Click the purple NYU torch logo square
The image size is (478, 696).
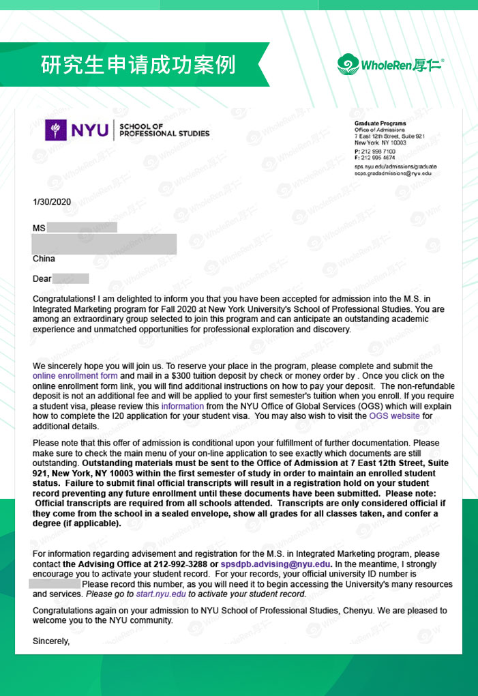click(55, 130)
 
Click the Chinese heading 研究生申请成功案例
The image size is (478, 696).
click(138, 65)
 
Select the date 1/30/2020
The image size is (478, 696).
click(52, 202)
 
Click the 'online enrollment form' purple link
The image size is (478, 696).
click(75, 376)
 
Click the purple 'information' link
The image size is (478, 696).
click(182, 406)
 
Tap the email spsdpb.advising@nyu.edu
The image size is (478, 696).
click(275, 565)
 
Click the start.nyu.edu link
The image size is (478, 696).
click(161, 594)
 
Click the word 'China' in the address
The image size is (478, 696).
click(44, 259)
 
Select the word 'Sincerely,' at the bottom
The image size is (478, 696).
click(51, 641)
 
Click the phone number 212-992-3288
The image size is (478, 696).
click(181, 565)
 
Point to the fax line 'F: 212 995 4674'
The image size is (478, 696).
click(374, 158)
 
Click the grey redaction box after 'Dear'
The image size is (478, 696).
click(71, 278)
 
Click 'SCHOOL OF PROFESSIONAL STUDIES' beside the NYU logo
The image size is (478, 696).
click(164, 130)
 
